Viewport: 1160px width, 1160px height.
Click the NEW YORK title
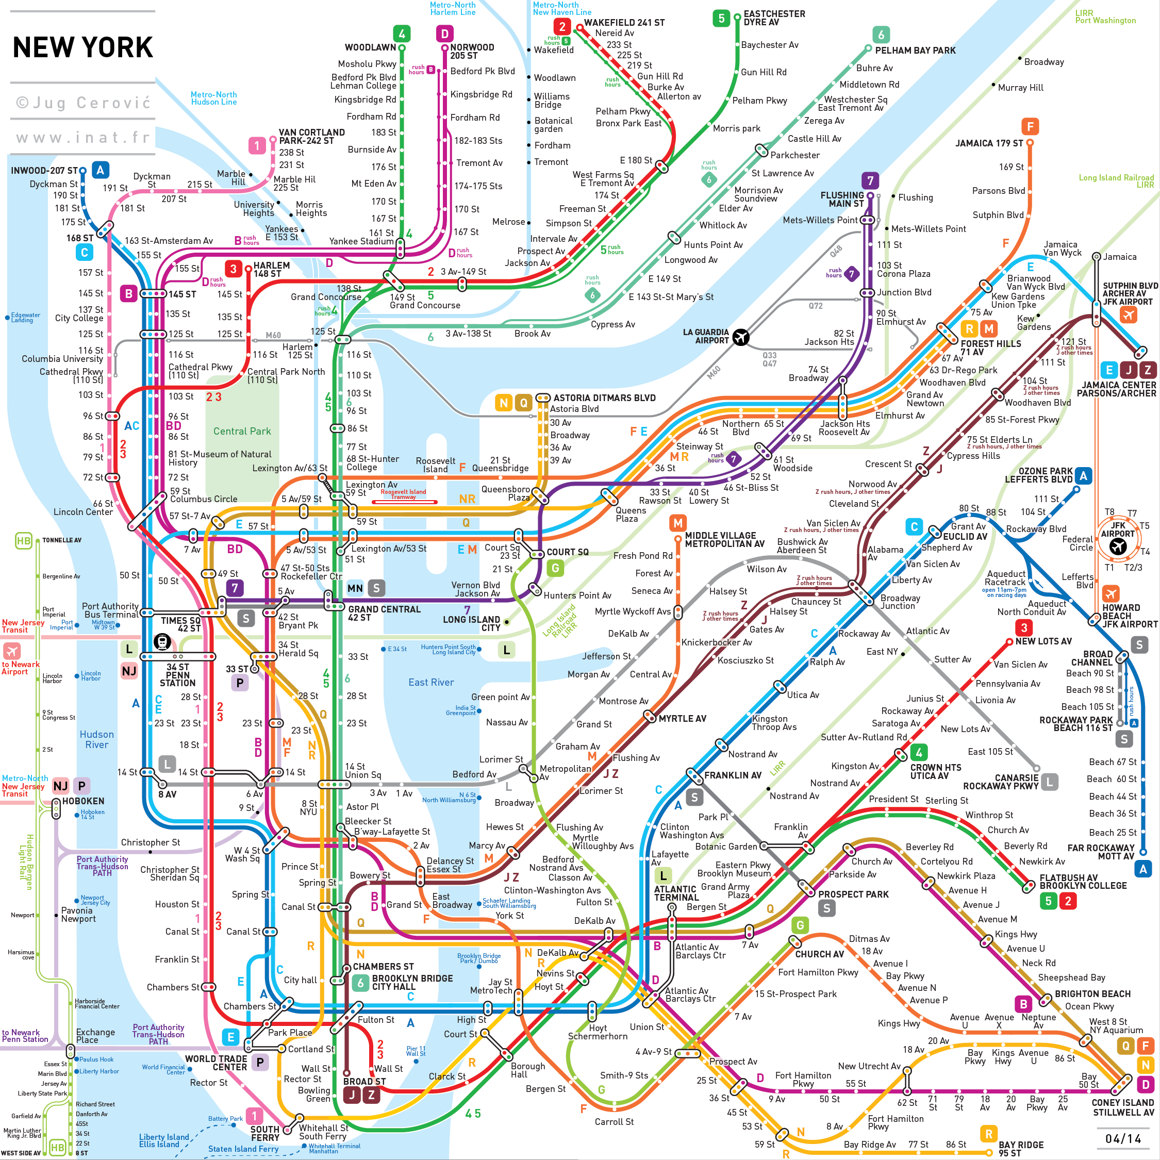click(x=83, y=47)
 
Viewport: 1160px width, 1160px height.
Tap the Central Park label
click(x=242, y=431)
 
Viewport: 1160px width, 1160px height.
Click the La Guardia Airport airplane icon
click(x=741, y=338)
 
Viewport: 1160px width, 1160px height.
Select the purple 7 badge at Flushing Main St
click(x=870, y=180)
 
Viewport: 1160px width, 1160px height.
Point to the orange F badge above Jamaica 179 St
click(x=1030, y=127)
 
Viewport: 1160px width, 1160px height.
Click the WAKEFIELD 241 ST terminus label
click(x=624, y=23)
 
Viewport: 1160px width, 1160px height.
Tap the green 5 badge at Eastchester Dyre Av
click(x=721, y=18)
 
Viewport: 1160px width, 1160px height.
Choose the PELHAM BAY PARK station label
click(x=915, y=51)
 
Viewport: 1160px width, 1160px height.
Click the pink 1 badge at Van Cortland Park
click(x=257, y=145)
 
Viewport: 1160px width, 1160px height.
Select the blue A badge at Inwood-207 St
click(x=100, y=171)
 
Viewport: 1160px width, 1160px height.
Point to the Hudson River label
click(x=97, y=740)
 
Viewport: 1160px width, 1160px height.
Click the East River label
click(x=431, y=682)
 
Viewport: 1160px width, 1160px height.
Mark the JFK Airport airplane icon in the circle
click(x=1117, y=546)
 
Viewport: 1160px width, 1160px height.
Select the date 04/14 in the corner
click(x=1123, y=1139)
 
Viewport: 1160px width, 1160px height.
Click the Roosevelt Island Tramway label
click(x=404, y=494)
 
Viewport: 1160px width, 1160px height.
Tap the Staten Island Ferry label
click(x=243, y=1149)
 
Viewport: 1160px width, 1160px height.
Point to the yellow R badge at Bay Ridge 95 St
click(x=988, y=1134)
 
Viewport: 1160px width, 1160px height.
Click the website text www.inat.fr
click(x=83, y=138)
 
